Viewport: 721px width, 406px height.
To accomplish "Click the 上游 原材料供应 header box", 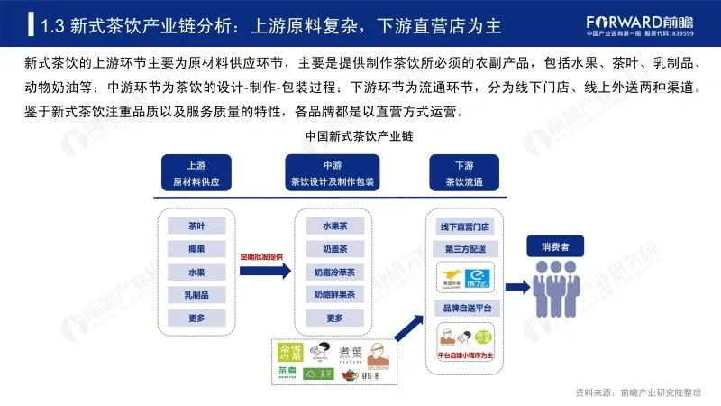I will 196,173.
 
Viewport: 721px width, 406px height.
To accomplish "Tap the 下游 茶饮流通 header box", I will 464,173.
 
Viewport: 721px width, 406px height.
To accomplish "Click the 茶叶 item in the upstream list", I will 196,226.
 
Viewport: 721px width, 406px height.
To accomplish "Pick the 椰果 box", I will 196,248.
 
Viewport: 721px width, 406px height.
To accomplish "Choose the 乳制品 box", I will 196,294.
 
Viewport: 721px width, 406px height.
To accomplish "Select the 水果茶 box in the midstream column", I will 334,226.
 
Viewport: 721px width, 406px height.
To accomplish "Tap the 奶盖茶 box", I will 334,248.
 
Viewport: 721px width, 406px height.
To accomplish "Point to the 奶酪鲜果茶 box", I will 334,294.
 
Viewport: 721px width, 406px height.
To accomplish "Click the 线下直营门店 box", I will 464,226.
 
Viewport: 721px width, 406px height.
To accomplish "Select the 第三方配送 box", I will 464,248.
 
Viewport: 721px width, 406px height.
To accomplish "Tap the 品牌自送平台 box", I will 464,309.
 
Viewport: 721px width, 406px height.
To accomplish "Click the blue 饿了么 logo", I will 479,277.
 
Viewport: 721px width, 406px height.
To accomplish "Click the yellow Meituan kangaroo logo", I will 450,277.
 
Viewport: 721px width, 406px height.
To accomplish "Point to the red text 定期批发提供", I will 261,257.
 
